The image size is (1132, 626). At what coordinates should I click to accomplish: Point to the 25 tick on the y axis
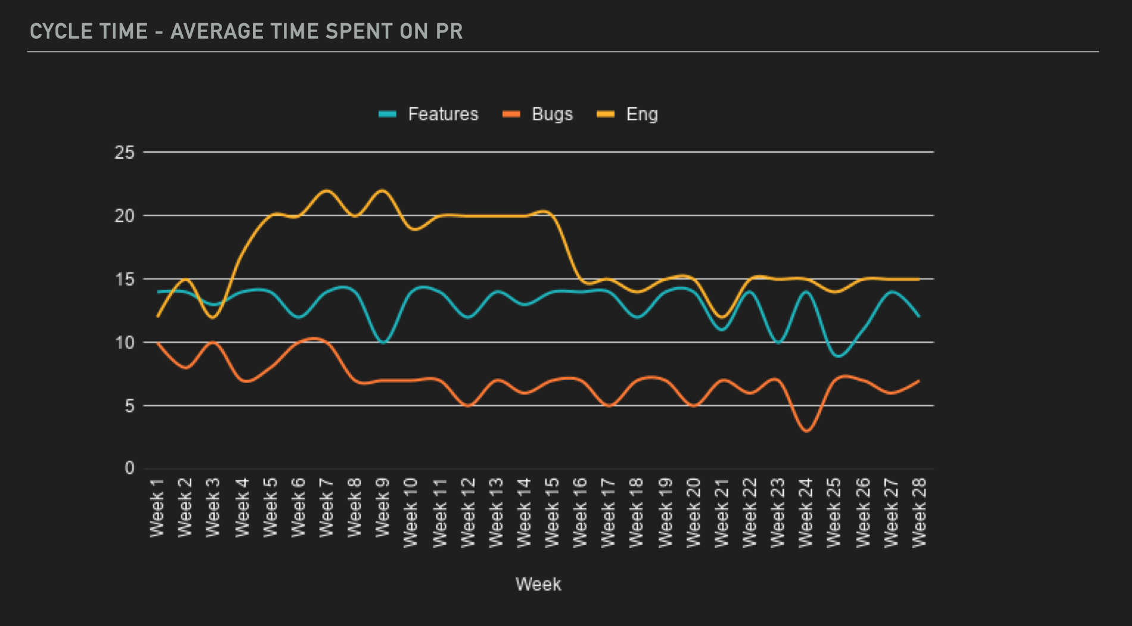click(125, 153)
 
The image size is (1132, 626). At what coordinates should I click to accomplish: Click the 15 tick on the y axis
click(125, 280)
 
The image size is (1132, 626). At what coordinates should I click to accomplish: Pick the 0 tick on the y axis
click(129, 468)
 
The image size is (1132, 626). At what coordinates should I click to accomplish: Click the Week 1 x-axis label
click(157, 508)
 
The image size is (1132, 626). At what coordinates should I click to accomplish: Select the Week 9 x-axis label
click(382, 508)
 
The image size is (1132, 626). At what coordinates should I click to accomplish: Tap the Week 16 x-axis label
click(580, 512)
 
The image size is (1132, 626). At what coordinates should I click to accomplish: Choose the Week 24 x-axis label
click(806, 512)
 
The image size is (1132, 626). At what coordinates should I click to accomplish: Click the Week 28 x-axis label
click(919, 512)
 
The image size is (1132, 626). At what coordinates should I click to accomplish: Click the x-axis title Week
click(538, 584)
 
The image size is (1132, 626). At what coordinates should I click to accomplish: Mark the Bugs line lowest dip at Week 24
click(806, 431)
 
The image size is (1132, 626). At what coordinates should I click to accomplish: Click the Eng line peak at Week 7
click(326, 190)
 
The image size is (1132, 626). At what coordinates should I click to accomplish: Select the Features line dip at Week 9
click(383, 343)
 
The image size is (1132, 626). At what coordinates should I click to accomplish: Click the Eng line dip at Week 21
click(722, 317)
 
